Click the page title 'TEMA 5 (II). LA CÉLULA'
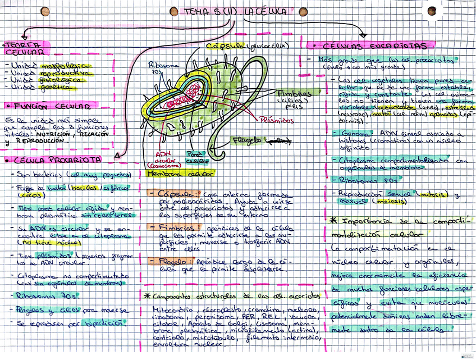pyautogui.click(x=236, y=11)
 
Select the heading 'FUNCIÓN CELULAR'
pyautogui.click(x=48, y=106)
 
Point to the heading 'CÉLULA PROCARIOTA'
pyautogui.click(x=53, y=161)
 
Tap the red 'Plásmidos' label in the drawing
pyautogui.click(x=276, y=119)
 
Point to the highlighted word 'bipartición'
pyautogui.click(x=104, y=323)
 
